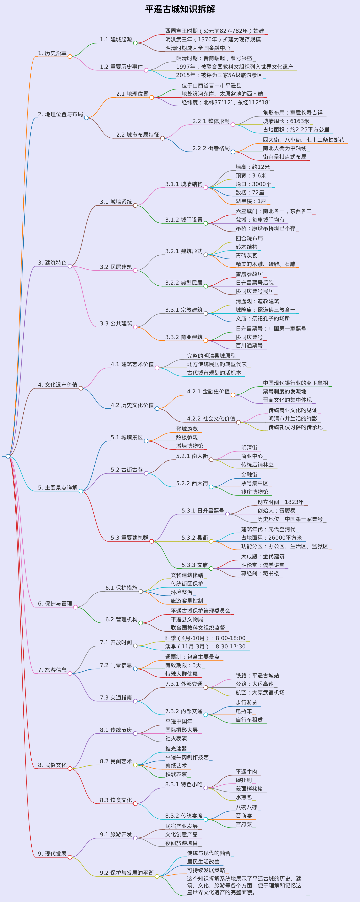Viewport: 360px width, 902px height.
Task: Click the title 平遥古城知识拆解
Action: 180,9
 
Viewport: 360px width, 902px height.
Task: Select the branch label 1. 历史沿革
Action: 52,53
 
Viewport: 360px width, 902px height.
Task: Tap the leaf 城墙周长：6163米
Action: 286,121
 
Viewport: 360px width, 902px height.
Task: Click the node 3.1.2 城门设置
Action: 184,220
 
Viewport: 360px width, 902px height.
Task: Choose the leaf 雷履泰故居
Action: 249,274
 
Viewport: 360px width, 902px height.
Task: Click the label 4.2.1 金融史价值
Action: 208,391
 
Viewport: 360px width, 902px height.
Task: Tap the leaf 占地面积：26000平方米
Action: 271,538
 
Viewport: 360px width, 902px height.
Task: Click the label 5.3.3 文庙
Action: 195,565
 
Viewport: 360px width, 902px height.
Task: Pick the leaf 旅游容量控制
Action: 187,601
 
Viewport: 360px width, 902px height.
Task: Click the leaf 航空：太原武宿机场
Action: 260,693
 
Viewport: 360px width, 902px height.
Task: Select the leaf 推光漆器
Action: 176,749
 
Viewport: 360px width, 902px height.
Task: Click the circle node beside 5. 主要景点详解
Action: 81,491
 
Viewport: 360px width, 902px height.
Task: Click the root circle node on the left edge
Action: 8,456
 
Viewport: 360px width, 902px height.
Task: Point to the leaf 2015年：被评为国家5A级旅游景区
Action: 219,75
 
